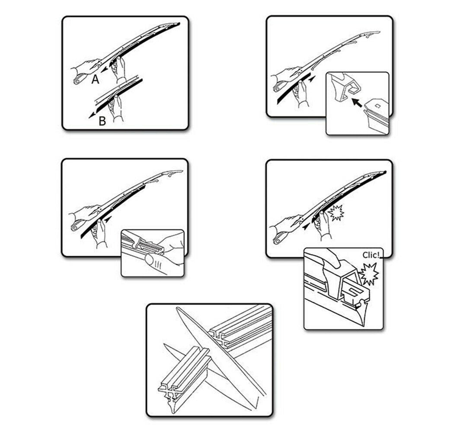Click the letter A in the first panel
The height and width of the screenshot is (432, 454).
point(95,79)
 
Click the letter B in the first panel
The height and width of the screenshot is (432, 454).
point(102,121)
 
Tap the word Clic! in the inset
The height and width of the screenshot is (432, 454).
point(371,255)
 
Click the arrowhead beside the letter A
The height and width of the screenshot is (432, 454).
point(104,70)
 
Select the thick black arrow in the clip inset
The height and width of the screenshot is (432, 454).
point(357,103)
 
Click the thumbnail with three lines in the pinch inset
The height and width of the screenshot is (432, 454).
point(156,263)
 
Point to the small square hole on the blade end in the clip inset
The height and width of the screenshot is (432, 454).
point(377,106)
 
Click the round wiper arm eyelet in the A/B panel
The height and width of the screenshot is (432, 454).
point(77,81)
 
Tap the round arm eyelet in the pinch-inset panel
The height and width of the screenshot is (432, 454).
point(75,228)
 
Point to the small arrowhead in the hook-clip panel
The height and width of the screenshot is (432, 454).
point(312,79)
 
